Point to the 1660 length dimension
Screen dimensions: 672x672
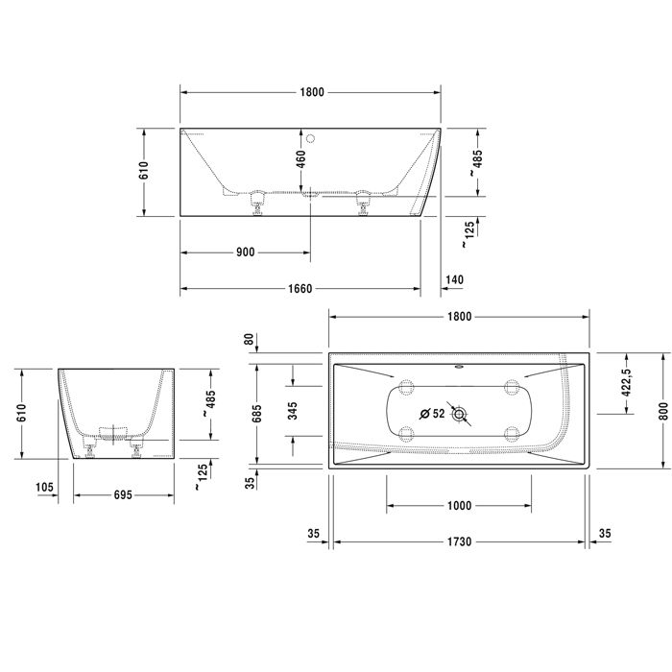[x=300, y=288]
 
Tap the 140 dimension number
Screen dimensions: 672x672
[x=455, y=279]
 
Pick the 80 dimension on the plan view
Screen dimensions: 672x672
[x=250, y=339]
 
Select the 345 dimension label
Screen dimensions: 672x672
[x=293, y=411]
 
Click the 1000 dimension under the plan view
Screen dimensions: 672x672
[x=459, y=506]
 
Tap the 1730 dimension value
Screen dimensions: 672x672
[x=459, y=542]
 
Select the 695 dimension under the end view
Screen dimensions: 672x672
[x=115, y=495]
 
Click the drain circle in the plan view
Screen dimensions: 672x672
[x=463, y=415]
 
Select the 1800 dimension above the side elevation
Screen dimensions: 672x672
[x=311, y=92]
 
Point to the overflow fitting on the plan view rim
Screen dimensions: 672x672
[x=458, y=366]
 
